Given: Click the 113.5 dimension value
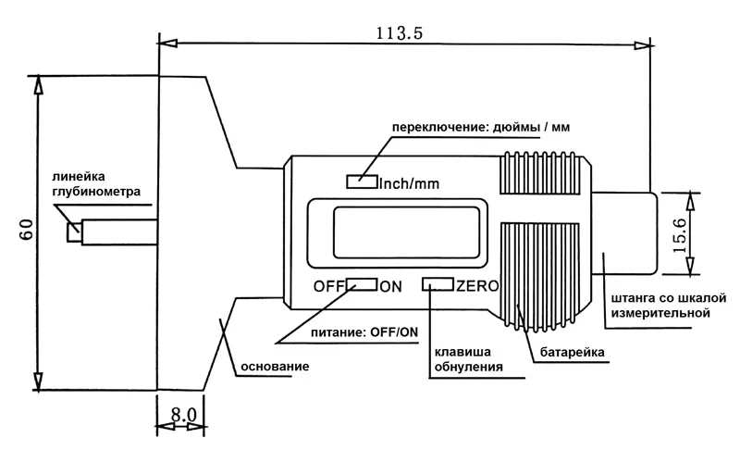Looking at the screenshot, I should pos(400,34).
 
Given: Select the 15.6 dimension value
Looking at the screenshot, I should pos(680,232).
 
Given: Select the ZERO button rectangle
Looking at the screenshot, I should pos(438,285).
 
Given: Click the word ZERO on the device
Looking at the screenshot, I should pos(477,285).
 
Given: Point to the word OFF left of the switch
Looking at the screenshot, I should pos(329,285).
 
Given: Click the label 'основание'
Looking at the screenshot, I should pos(274,367).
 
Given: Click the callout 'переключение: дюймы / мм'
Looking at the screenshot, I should pos(475,127).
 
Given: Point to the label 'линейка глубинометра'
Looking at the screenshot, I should pos(90,185).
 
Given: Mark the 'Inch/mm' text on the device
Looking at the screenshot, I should pos(408,182).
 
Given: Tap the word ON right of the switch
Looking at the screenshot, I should pos(390,285).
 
